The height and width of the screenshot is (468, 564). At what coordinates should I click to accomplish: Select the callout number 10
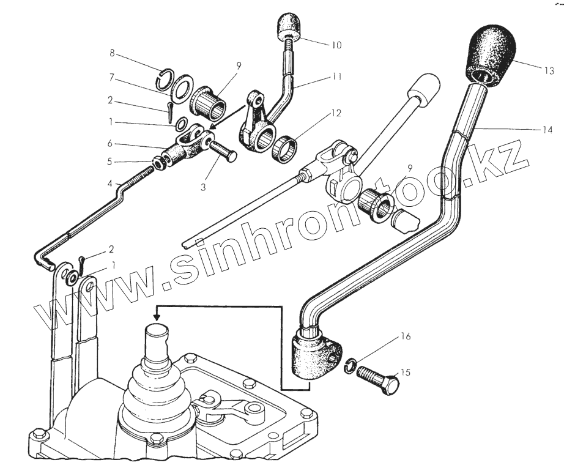point(336,45)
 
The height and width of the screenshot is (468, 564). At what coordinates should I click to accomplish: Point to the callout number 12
point(336,113)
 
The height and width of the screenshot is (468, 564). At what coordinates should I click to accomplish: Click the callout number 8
point(111,54)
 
